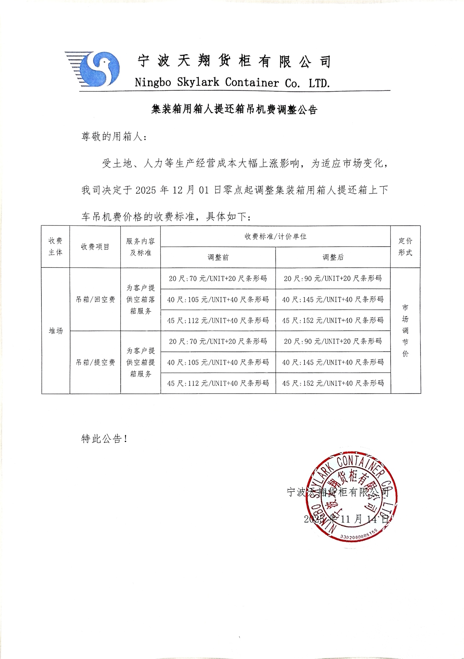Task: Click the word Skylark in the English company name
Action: point(198,83)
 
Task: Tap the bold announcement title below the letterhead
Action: point(234,110)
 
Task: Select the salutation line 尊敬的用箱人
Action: point(114,136)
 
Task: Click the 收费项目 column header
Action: point(95,247)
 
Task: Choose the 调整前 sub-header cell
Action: point(218,257)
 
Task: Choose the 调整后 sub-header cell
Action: point(333,257)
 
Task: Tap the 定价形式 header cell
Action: point(405,247)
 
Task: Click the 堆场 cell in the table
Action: point(55,331)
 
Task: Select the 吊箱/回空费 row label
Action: point(95,299)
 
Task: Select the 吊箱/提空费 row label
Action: point(95,362)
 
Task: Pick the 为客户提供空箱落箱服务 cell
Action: point(141,299)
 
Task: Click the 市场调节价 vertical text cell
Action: point(405,330)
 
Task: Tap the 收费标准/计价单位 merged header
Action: point(275,236)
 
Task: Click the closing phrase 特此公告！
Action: point(104,439)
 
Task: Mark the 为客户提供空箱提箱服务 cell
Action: point(141,362)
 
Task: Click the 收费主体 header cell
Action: point(55,247)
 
